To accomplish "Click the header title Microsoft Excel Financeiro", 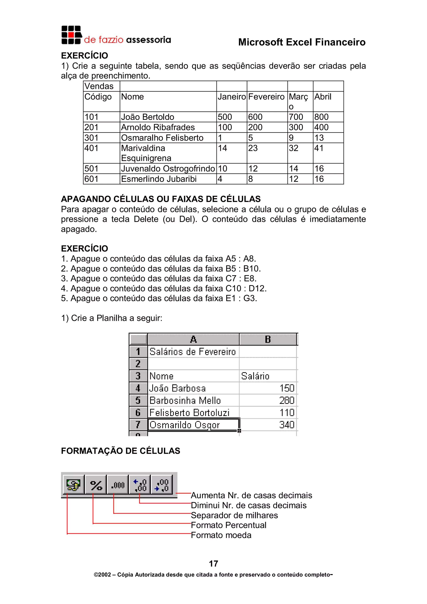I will (301, 42).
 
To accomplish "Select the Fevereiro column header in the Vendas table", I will (266, 97).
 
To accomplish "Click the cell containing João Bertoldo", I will (148, 117).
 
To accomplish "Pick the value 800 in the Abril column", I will (321, 117).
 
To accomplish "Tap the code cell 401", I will (91, 148).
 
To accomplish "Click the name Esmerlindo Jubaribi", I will (159, 179).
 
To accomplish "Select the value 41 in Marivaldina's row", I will (319, 148).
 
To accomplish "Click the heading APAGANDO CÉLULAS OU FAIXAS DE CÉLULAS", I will (161, 199).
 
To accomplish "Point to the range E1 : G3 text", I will (241, 298).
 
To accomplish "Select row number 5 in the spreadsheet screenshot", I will (138, 400).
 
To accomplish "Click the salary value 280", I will (286, 400).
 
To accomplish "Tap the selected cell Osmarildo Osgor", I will (185, 425).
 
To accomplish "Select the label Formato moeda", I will (221, 535).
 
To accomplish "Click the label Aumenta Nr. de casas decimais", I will (251, 495).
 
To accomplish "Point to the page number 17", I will (213, 564).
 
